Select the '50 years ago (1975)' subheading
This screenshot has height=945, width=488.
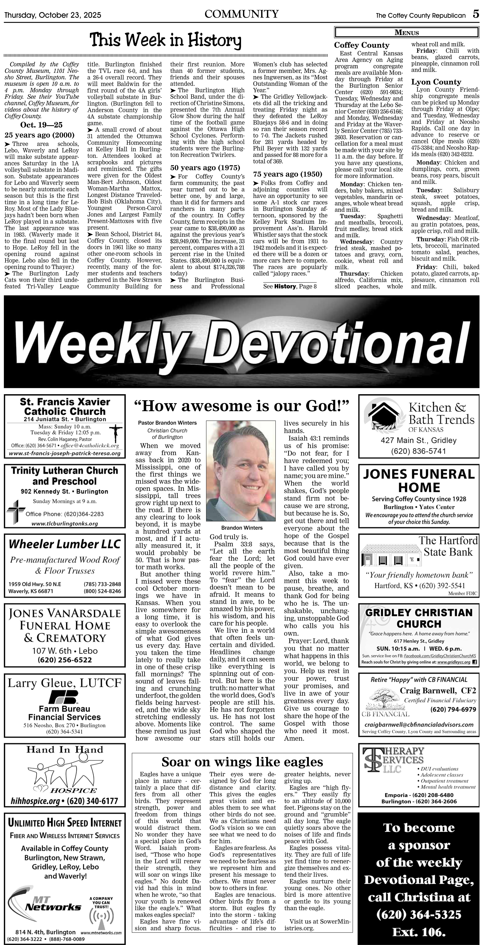click(x=205, y=168)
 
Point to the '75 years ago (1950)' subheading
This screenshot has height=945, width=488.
click(x=288, y=174)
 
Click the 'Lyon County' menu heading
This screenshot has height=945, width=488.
click(x=436, y=82)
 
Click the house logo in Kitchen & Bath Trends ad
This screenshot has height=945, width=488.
click(x=383, y=416)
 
